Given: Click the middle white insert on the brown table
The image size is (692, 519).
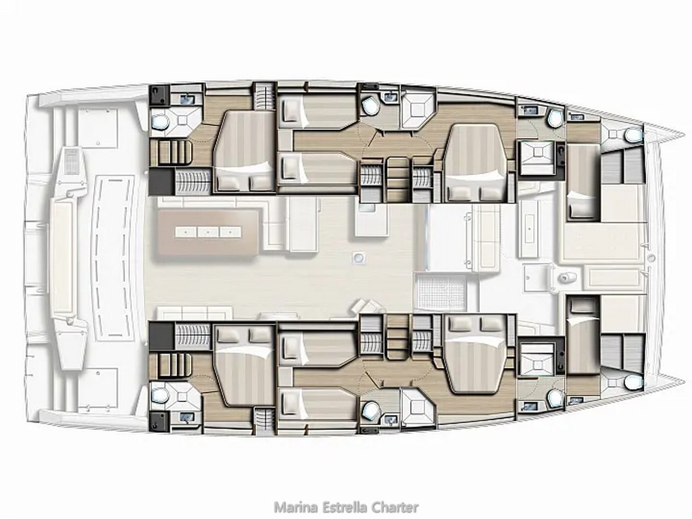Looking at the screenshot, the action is point(208,232).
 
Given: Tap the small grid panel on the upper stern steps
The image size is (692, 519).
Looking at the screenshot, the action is point(71,161).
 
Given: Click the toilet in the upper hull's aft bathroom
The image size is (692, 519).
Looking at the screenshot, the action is point(159,120).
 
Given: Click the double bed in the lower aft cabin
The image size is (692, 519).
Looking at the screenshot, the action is point(243,364).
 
